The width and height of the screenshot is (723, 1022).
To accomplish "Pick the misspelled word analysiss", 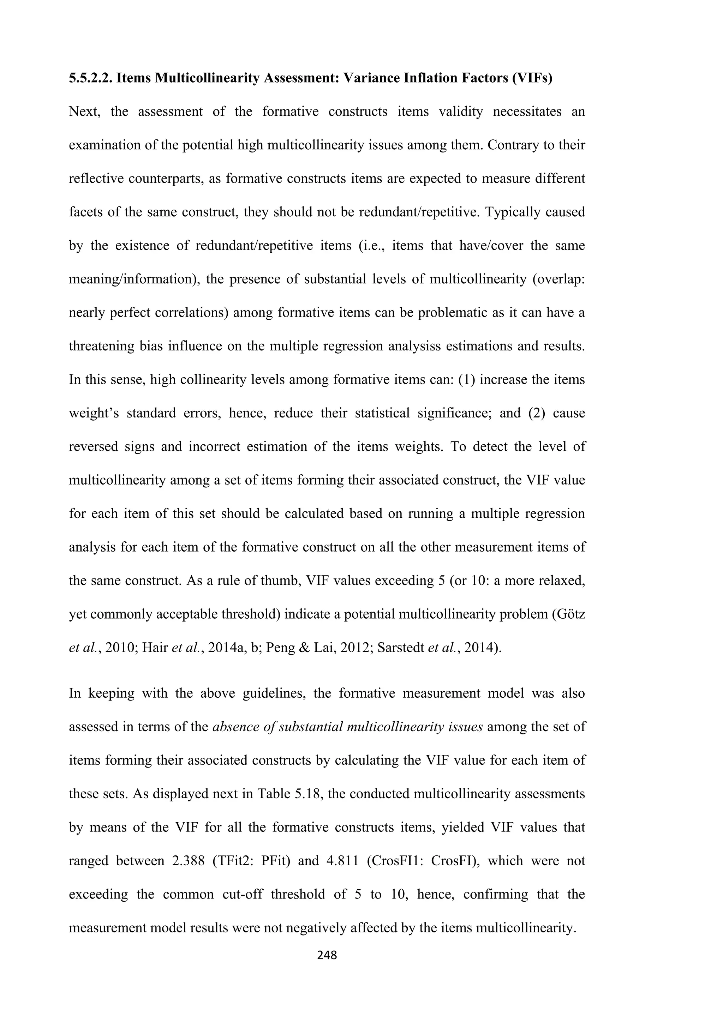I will coord(414,346).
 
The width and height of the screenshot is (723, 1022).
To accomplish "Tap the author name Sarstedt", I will coord(401,648).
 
